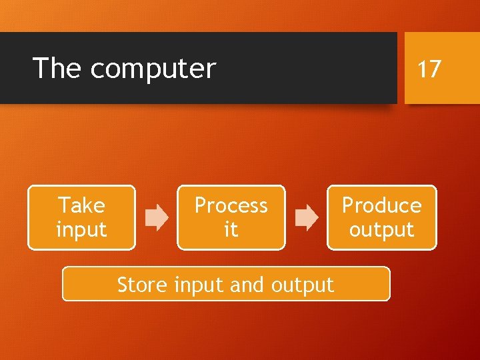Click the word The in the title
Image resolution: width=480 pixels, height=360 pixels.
(x=57, y=68)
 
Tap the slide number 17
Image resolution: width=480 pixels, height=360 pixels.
(x=429, y=69)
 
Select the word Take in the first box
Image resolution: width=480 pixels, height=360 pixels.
(x=81, y=205)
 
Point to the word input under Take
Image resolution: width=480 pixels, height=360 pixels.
(x=81, y=230)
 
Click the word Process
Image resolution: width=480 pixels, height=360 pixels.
(x=231, y=205)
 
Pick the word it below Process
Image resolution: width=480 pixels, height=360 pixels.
(x=231, y=230)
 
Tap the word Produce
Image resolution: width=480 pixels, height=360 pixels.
(x=381, y=205)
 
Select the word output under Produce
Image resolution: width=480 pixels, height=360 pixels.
(x=381, y=230)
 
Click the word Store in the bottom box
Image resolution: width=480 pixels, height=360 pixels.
(x=142, y=285)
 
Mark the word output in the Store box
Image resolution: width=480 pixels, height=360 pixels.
(x=302, y=285)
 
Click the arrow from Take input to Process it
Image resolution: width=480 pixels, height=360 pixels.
(x=157, y=218)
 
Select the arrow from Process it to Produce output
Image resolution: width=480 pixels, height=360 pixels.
(x=307, y=218)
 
